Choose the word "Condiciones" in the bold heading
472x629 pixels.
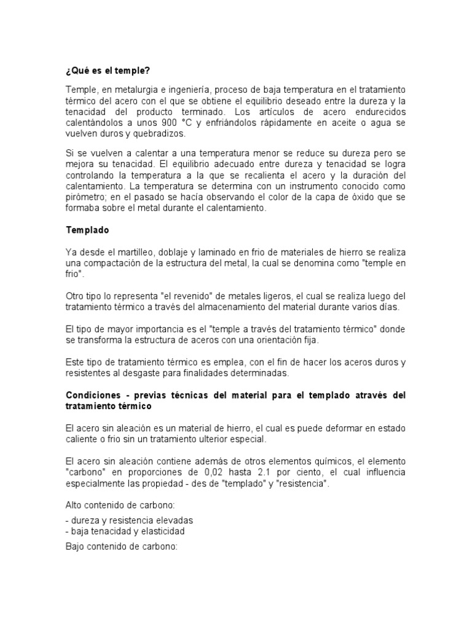(x=93, y=395)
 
